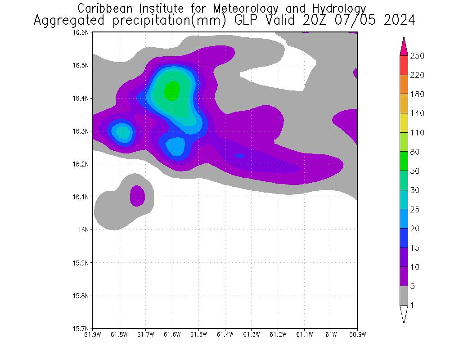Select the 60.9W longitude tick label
[357, 334]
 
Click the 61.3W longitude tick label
[251, 334]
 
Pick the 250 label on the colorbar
[418, 56]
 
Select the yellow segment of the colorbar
[404, 123]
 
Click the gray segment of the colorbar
[404, 296]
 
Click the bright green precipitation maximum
[172, 90]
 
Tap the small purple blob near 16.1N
[137, 196]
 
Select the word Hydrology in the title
[339, 9]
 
